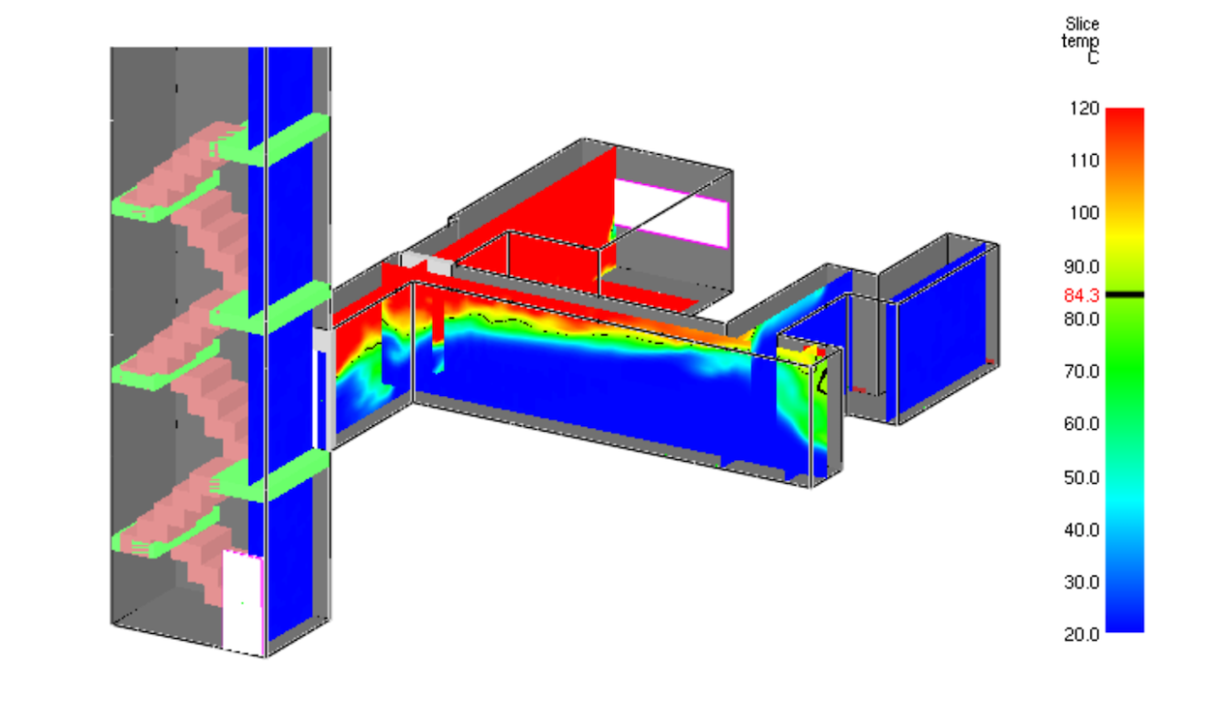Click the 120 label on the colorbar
[x=1084, y=109]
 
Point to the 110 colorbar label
[x=1084, y=161]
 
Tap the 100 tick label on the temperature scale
[x=1084, y=213]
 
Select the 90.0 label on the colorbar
[x=1082, y=267]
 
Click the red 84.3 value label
[x=1082, y=295]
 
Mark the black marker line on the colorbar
[x=1124, y=294]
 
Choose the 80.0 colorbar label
[x=1082, y=318]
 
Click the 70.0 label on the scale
[x=1082, y=371]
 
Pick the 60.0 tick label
[x=1082, y=424]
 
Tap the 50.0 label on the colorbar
[x=1082, y=477]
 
